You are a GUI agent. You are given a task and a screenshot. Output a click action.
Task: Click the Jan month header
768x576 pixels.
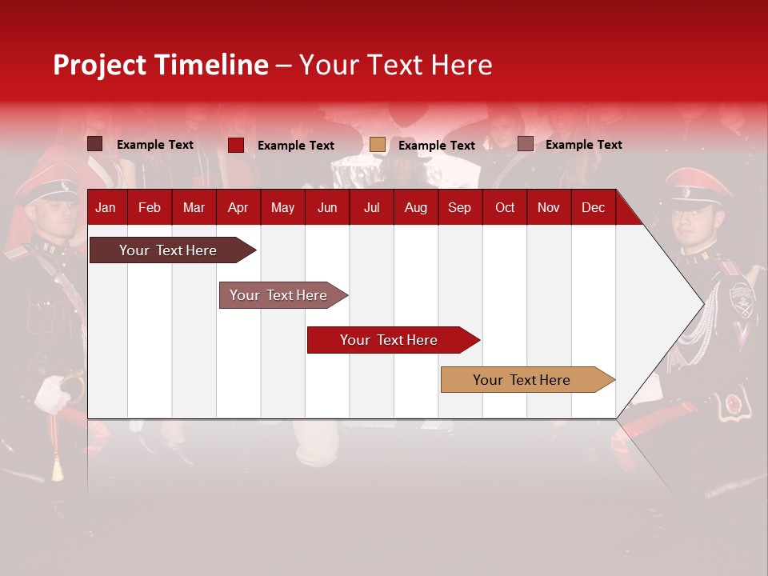click(106, 207)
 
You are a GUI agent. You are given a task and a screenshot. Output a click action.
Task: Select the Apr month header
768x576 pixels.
click(238, 207)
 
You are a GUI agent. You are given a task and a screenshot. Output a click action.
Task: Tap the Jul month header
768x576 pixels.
click(371, 207)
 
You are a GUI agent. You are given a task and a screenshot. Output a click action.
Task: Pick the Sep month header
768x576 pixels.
click(459, 207)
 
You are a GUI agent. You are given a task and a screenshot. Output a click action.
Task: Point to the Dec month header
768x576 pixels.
click(593, 207)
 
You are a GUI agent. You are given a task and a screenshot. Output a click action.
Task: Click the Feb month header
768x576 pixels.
click(150, 207)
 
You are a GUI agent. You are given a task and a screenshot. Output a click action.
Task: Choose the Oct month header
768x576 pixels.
click(505, 207)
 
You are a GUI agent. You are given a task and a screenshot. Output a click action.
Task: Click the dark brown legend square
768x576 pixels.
click(95, 144)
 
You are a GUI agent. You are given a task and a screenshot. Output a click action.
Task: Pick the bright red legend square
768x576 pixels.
click(236, 145)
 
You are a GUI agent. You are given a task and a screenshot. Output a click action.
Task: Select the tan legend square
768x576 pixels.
click(378, 145)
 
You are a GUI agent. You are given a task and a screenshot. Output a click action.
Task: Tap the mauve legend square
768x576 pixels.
click(525, 144)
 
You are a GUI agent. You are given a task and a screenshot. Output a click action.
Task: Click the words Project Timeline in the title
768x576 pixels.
click(160, 65)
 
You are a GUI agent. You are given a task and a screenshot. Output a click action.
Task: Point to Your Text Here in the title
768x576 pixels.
click(395, 65)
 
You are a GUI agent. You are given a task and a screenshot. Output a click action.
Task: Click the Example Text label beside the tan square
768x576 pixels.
click(437, 146)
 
